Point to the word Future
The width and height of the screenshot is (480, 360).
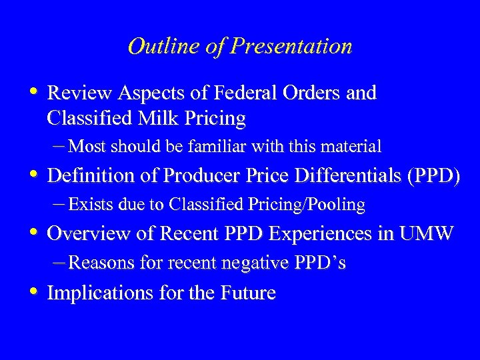(246, 293)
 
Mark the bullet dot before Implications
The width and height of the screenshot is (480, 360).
(34, 292)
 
